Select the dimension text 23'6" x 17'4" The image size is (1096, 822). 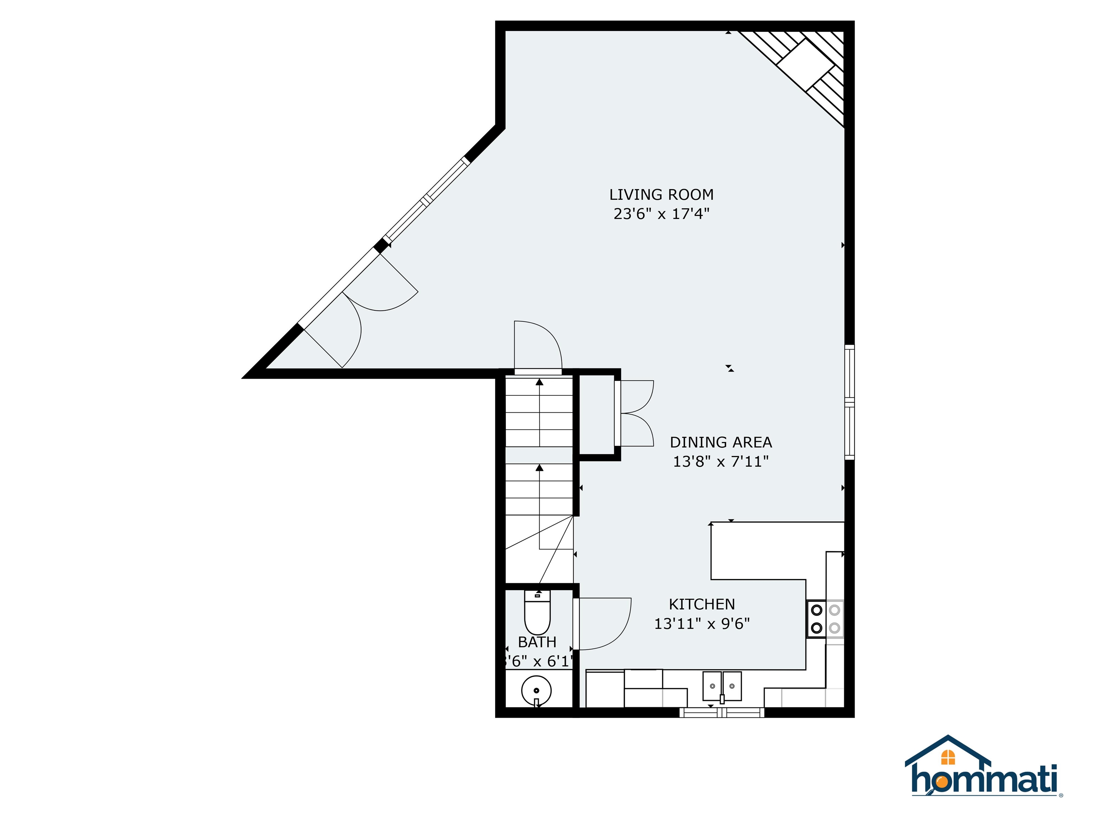pyautogui.click(x=661, y=214)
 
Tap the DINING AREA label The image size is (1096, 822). pyautogui.click(x=720, y=442)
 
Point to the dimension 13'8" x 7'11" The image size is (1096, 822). pyautogui.click(x=720, y=462)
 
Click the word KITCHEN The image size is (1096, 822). pyautogui.click(x=702, y=604)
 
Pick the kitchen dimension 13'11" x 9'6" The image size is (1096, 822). pyautogui.click(x=702, y=624)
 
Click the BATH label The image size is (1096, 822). pyautogui.click(x=537, y=642)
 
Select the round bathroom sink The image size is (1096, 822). pyautogui.click(x=536, y=690)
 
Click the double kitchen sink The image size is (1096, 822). pyautogui.click(x=722, y=686)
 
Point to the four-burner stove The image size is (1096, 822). pyautogui.click(x=825, y=619)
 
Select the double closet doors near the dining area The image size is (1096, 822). pyautogui.click(x=636, y=413)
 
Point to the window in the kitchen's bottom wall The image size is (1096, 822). pyautogui.click(x=721, y=712)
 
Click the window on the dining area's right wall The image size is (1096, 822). pyautogui.click(x=849, y=402)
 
